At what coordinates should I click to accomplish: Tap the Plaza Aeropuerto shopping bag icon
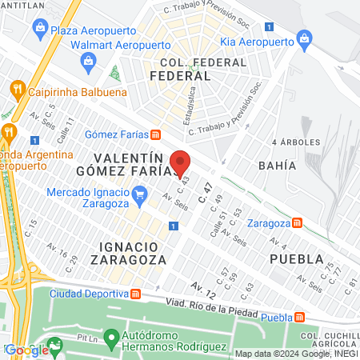(x=40, y=28)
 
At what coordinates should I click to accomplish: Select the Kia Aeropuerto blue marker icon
(x=303, y=38)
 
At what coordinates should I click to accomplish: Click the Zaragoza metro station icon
(x=296, y=222)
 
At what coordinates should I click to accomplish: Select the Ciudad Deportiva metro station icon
(x=135, y=294)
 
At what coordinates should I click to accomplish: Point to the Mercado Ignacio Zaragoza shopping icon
(x=141, y=193)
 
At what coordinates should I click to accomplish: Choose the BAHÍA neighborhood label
(x=278, y=166)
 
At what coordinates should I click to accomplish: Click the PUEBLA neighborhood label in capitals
(x=297, y=259)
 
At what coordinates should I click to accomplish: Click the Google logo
(x=26, y=349)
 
